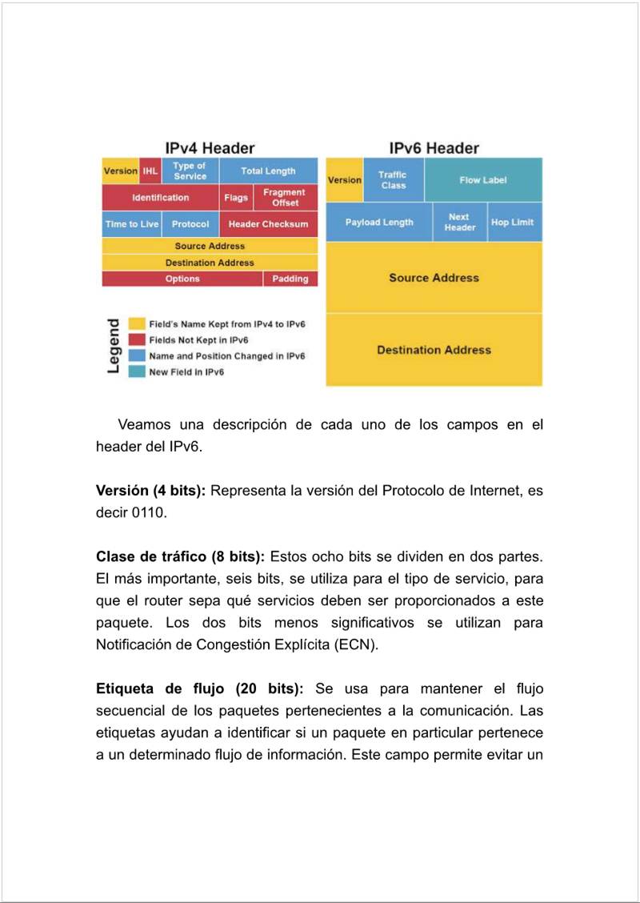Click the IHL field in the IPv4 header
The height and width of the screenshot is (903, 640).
150,171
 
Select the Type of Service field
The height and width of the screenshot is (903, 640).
190,171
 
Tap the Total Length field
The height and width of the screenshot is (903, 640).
268,171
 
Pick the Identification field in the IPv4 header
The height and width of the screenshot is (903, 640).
160,198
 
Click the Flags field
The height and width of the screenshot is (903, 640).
236,198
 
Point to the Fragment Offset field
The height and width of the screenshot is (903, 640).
285,198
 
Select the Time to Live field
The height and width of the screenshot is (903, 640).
132,224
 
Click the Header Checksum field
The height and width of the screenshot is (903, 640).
268,224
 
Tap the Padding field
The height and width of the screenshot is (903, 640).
290,279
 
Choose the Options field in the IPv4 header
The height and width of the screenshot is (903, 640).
182,279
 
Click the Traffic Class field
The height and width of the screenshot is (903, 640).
393,180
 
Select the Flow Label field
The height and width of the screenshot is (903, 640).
483,180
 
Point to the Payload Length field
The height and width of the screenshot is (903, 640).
379,223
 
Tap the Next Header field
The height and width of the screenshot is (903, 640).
460,223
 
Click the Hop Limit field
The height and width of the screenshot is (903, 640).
512,223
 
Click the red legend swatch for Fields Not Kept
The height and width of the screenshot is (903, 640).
137,340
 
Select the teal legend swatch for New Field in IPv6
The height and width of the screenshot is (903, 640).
137,372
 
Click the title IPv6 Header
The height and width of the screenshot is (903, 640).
434,148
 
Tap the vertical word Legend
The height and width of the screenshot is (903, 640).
114,346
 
